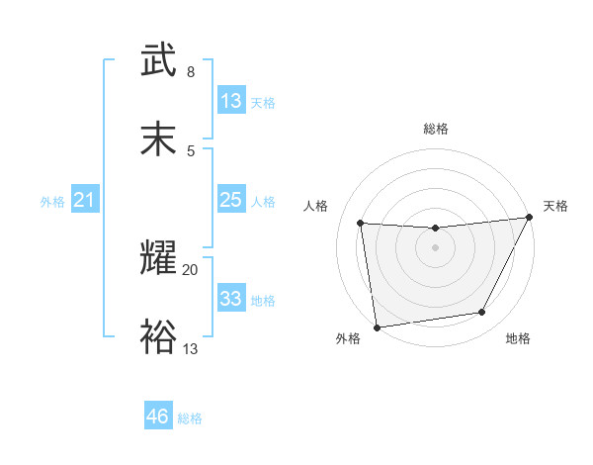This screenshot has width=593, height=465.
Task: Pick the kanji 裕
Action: [159, 336]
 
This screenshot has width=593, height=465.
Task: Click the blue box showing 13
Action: [230, 101]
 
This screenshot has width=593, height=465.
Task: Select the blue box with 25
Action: [230, 200]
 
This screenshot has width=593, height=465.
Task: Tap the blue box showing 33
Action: [230, 299]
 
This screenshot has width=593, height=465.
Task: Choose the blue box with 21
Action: [84, 201]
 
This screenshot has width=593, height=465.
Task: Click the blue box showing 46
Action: [157, 417]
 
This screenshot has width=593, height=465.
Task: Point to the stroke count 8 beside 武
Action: [190, 72]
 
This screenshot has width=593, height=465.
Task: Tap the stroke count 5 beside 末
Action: [190, 150]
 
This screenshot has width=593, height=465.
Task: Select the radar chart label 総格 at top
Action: [436, 129]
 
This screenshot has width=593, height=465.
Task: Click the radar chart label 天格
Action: [555, 206]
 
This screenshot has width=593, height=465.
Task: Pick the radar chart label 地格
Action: [518, 339]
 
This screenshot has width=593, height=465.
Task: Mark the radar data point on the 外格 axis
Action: [377, 326]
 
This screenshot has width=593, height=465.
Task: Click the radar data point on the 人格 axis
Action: [361, 223]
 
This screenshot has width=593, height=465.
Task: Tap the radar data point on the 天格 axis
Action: [529, 217]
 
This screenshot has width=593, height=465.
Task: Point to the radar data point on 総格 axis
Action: [435, 229]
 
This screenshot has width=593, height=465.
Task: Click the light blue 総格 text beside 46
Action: [190, 418]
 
